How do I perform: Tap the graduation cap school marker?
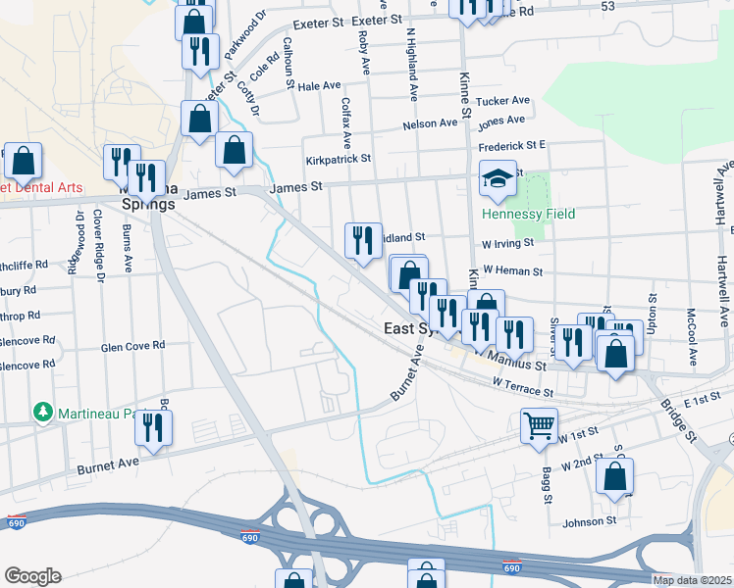coord(498,179)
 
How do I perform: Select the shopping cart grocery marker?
coord(539,426)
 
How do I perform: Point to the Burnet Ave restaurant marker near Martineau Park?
coord(153,427)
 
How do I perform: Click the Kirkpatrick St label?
coord(338,158)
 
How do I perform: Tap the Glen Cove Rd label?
coord(133,346)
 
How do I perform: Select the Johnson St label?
coord(590,521)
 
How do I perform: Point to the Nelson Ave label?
coord(430,124)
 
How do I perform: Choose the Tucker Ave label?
coord(502,101)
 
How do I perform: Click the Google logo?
coord(32,576)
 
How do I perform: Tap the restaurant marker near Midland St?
coord(363,240)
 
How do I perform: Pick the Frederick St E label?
coord(511,146)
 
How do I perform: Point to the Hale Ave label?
coord(318,86)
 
